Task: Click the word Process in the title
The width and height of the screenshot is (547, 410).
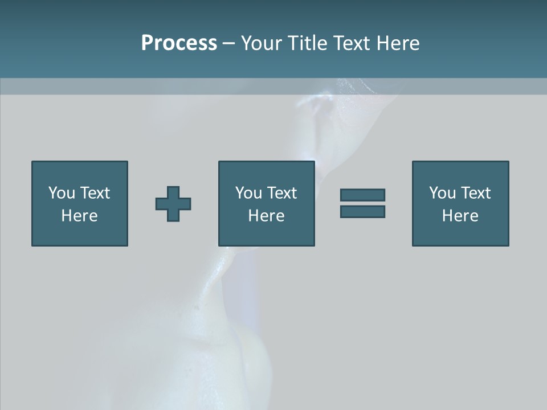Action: [179, 43]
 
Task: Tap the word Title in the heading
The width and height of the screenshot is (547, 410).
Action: [308, 43]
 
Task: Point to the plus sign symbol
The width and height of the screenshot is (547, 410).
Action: [173, 203]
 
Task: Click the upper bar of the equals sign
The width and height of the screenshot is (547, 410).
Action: [362, 195]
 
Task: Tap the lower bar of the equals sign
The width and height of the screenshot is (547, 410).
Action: [362, 211]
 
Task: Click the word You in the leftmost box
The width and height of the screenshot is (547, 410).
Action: [62, 193]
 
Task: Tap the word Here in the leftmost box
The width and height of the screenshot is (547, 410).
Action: [80, 216]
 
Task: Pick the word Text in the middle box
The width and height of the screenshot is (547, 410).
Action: [281, 193]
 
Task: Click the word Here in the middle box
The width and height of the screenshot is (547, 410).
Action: [267, 216]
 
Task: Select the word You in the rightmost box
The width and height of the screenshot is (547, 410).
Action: [442, 193]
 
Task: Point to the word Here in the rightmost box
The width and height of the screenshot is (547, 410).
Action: [460, 216]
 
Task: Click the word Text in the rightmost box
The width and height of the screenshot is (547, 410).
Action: [475, 193]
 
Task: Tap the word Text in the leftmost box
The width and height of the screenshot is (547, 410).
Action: [95, 193]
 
